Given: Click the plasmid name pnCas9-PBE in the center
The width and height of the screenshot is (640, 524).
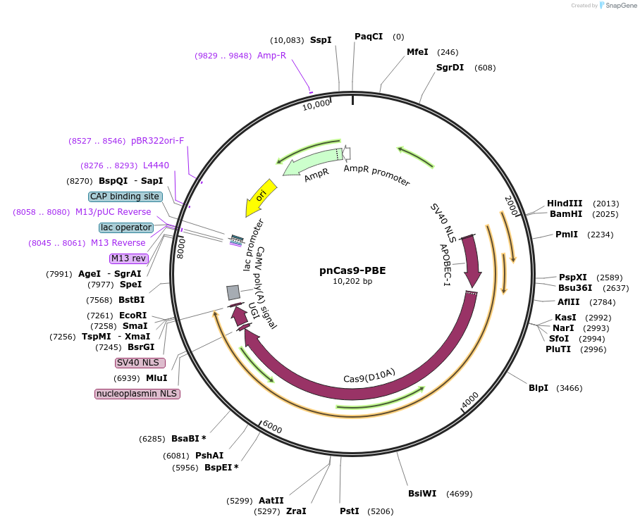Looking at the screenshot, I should (x=352, y=270).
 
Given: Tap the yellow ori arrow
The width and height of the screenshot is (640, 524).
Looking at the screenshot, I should (x=260, y=197).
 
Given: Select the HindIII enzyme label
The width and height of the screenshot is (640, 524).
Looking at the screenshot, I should (x=565, y=204).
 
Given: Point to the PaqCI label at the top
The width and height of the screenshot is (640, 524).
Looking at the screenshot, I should (x=369, y=37).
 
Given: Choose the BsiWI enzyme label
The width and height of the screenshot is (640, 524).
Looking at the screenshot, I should (x=422, y=493).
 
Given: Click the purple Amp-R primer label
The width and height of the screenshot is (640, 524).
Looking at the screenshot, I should (x=271, y=56).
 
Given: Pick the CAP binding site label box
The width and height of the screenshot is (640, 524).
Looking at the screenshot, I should (x=125, y=196).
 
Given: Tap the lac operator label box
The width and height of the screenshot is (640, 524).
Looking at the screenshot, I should (x=126, y=227).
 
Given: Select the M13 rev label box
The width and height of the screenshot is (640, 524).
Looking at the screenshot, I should (x=128, y=258).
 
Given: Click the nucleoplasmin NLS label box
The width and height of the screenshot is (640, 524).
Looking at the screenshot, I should (x=137, y=394).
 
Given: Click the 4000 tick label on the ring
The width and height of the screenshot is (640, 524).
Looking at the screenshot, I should (x=470, y=400).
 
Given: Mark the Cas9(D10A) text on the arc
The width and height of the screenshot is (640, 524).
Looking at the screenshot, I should (x=369, y=374).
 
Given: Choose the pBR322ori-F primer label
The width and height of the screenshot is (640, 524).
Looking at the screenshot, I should (x=157, y=141).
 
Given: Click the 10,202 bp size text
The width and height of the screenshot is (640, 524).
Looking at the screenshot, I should (x=352, y=281).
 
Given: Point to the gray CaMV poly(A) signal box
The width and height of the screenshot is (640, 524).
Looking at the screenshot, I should (x=233, y=292).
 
